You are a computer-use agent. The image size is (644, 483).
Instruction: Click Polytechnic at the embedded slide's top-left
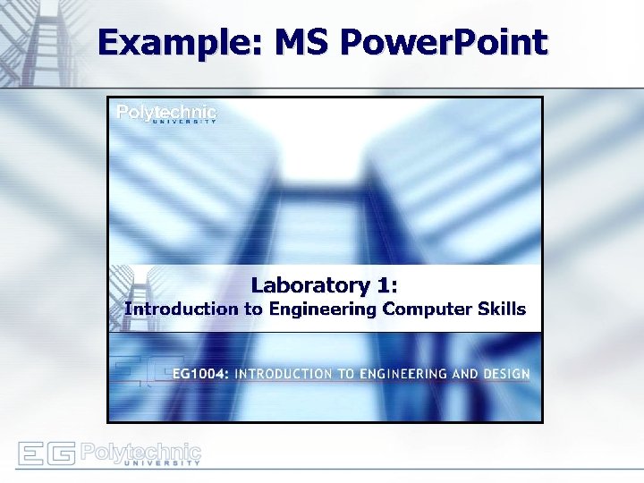pyautogui.click(x=167, y=112)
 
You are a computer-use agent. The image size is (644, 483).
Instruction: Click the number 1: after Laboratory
pyautogui.click(x=386, y=285)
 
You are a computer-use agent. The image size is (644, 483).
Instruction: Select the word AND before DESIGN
pyautogui.click(x=452, y=374)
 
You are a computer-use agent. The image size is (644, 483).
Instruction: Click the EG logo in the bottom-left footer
pyautogui.click(x=46, y=453)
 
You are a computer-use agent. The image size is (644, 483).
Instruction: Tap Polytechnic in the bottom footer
pyautogui.click(x=140, y=451)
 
